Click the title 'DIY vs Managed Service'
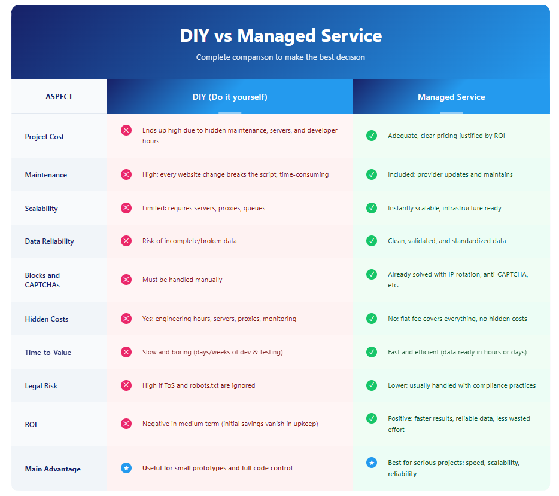click(281, 36)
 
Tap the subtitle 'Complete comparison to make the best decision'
click(281, 57)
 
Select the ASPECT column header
click(59, 97)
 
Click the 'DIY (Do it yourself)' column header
click(230, 97)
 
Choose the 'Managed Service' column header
click(451, 97)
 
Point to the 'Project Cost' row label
click(44, 137)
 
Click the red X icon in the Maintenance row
click(126, 174)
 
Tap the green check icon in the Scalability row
click(372, 208)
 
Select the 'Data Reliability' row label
click(49, 241)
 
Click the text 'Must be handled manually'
click(183, 280)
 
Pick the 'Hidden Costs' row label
click(47, 319)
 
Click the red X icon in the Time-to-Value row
click(126, 352)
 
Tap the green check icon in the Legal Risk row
click(372, 385)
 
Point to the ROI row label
click(31, 424)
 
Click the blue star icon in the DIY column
click(126, 468)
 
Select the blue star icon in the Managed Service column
click(372, 463)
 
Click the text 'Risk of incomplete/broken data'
click(190, 241)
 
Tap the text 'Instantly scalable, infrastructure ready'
click(445, 208)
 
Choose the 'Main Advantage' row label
click(53, 469)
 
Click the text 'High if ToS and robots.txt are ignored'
click(199, 385)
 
